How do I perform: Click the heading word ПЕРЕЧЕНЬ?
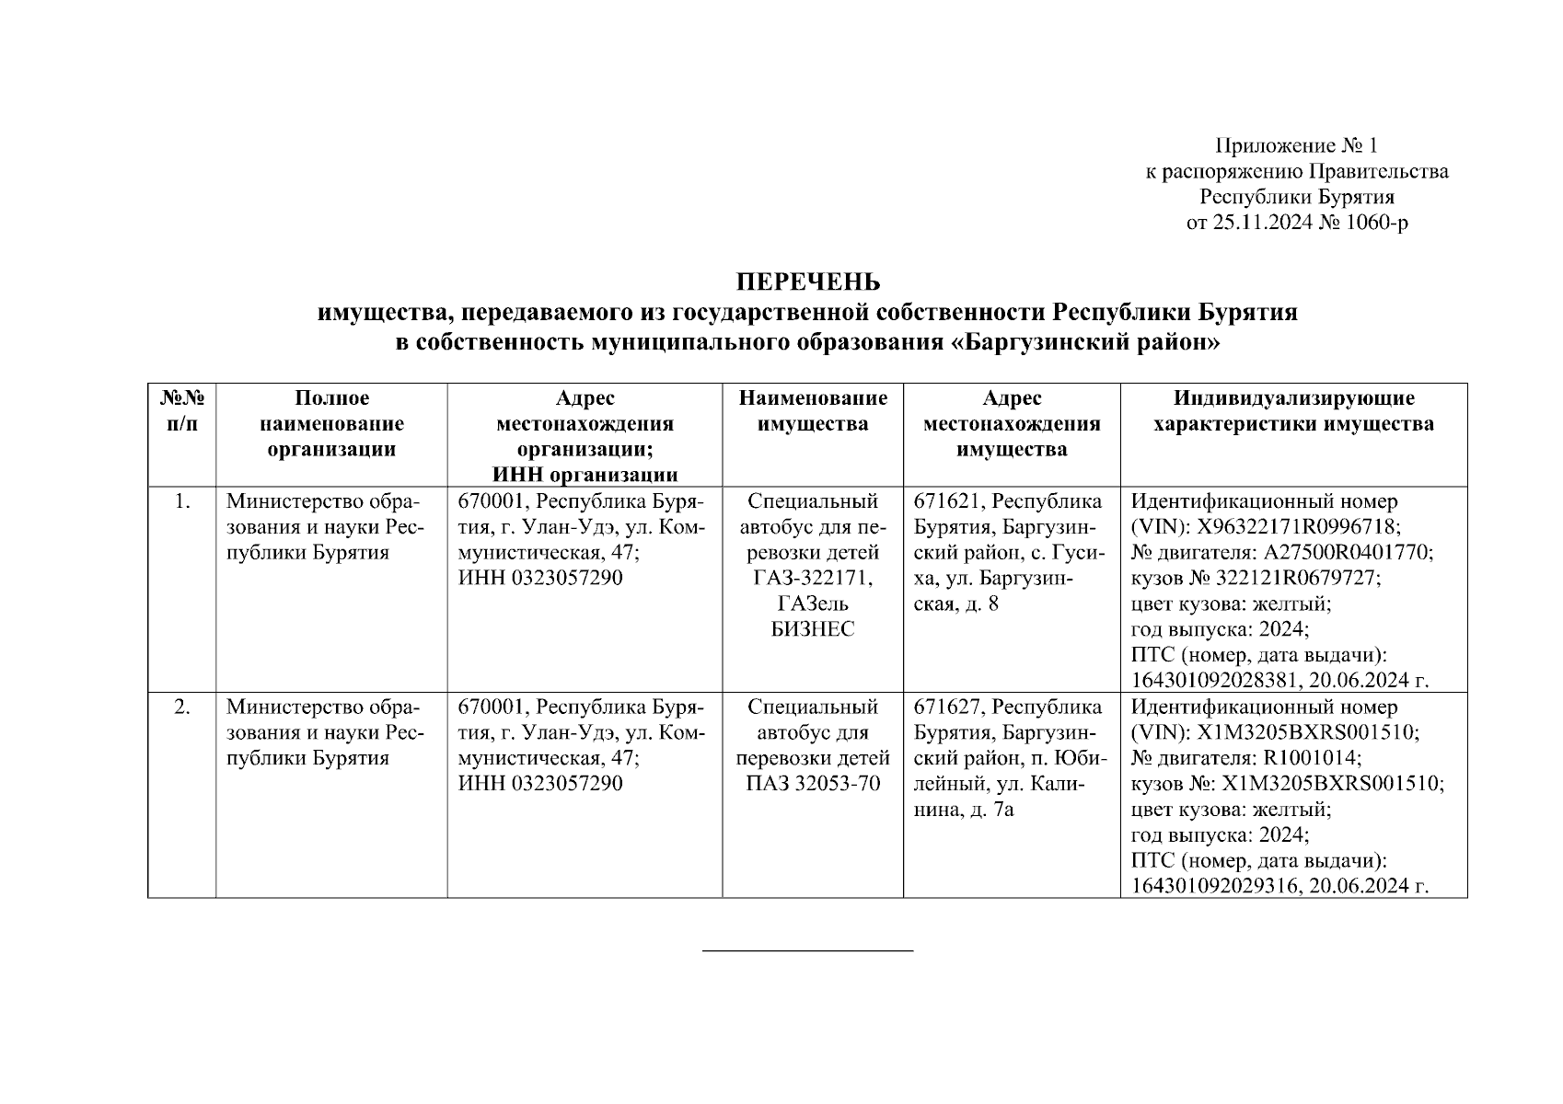click(807, 282)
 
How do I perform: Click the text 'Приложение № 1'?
click(1296, 145)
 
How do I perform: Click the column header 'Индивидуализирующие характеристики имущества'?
click(1293, 411)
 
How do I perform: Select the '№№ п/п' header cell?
click(182, 411)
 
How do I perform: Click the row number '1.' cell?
click(182, 501)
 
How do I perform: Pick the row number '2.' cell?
click(182, 707)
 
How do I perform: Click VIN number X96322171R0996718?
click(1299, 527)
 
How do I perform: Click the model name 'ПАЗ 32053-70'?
click(813, 784)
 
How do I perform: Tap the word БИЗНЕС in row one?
click(813, 629)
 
